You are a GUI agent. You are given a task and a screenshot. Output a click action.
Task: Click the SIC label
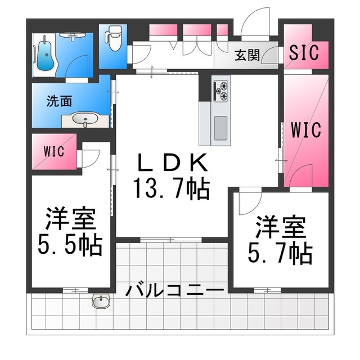click(304, 52)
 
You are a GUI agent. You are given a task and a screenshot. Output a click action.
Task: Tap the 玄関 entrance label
click(247, 55)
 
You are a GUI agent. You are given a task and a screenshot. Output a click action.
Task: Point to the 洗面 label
click(59, 102)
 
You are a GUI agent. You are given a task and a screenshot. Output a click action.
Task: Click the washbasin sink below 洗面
click(85, 119)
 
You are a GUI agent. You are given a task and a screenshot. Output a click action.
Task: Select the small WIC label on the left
click(54, 151)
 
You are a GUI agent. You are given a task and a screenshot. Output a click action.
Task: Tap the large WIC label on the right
click(305, 129)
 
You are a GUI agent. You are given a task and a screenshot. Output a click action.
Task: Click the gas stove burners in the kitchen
click(220, 91)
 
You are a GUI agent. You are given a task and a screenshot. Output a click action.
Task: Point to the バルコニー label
click(175, 291)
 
